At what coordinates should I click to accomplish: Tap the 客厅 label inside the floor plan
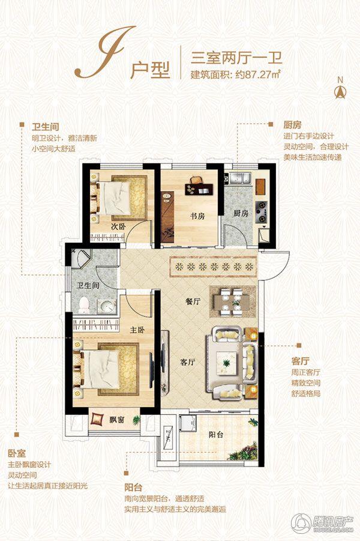(x=189, y=362)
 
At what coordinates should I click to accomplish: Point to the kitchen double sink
(x=242, y=178)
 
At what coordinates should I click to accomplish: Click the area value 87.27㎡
(x=263, y=76)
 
